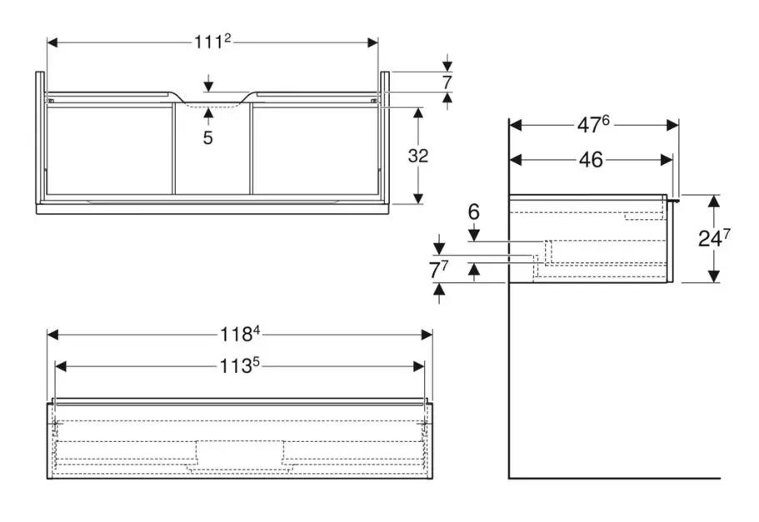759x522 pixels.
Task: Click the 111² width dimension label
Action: [212, 43]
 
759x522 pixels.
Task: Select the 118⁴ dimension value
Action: [240, 335]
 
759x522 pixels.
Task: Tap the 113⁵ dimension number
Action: [240, 365]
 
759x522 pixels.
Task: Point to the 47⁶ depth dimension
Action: [594, 125]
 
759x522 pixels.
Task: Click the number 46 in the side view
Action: [591, 160]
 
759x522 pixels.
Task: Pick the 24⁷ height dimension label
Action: [714, 239]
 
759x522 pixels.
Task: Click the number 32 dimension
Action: [418, 156]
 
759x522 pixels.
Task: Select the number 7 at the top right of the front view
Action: [447, 83]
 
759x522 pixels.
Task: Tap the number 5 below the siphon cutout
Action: [207, 138]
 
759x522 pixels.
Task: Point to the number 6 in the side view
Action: [473, 213]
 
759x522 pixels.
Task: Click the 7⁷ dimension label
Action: [439, 270]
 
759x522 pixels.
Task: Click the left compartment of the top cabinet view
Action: [109, 150]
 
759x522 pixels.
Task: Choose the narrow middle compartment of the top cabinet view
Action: [212, 154]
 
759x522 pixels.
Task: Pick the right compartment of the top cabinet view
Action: [314, 150]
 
